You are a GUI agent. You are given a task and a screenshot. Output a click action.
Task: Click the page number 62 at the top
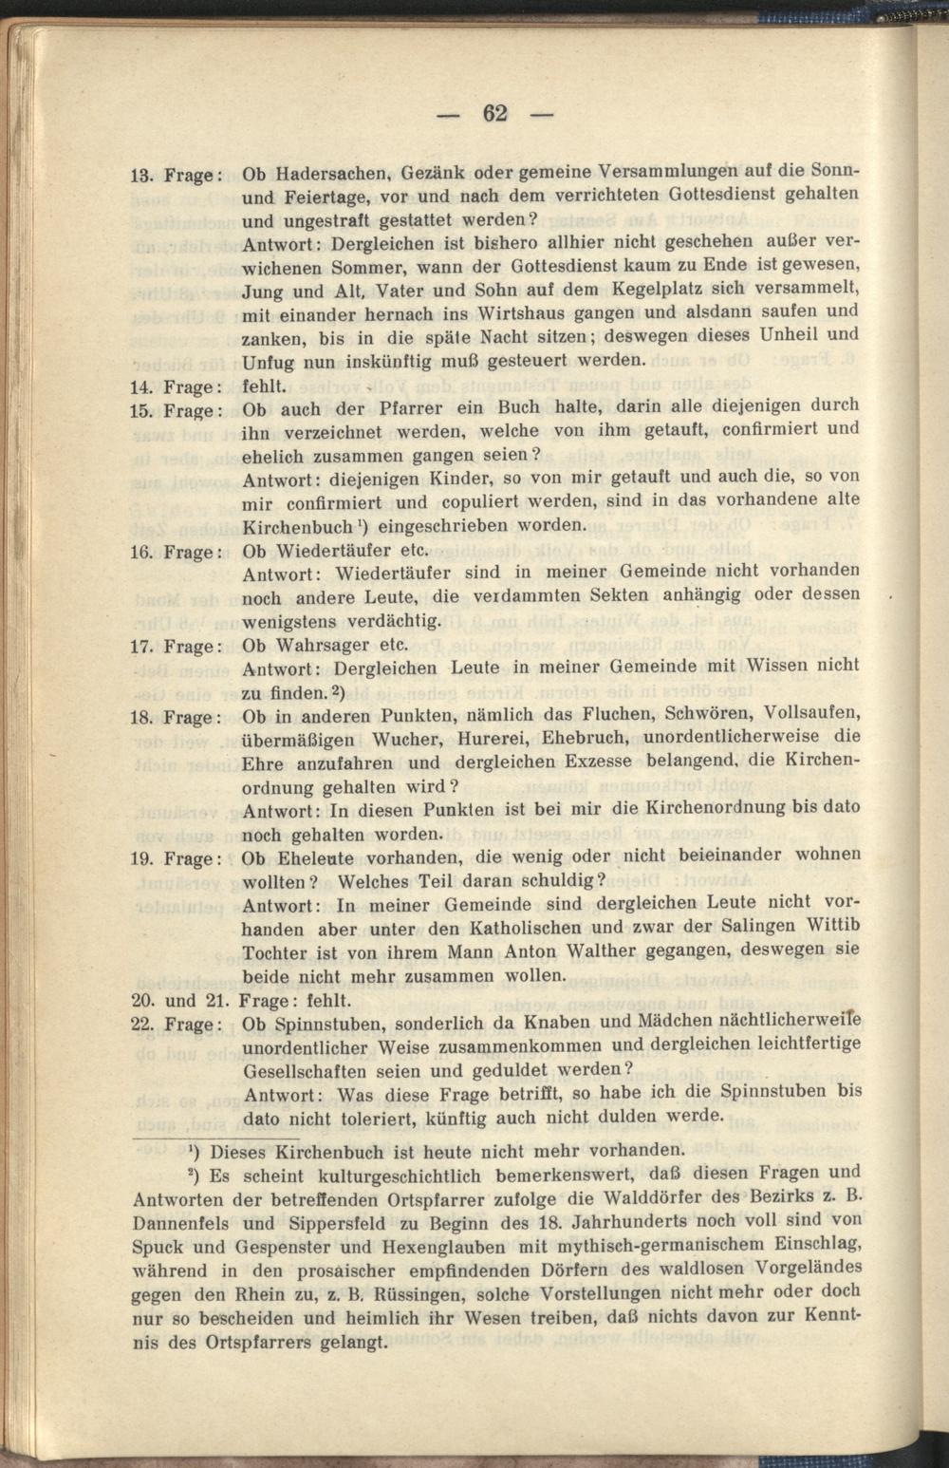[495, 114]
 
